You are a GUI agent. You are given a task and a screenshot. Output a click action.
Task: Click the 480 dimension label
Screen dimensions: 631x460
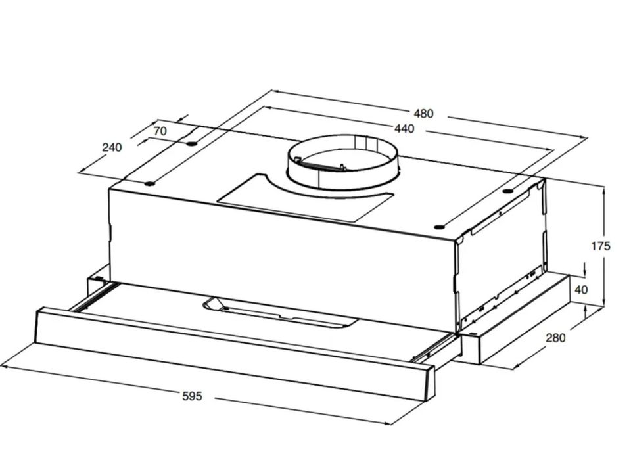tap(424, 114)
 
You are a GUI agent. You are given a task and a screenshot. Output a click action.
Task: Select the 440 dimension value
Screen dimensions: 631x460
tap(404, 128)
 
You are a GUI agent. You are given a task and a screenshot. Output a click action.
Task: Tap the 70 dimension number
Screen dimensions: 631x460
tap(160, 131)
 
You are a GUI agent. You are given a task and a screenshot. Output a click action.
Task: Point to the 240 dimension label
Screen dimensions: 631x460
tap(112, 147)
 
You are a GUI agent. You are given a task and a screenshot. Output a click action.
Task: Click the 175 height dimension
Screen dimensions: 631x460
tap(600, 246)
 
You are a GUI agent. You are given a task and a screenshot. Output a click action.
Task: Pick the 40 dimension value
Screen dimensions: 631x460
tap(581, 289)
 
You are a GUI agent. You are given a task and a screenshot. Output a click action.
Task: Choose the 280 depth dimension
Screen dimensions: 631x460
tap(555, 338)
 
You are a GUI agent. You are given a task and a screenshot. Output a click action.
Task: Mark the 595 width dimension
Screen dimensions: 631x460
tap(192, 396)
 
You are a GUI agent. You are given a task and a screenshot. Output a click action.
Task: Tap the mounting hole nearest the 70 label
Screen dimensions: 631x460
tap(191, 143)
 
